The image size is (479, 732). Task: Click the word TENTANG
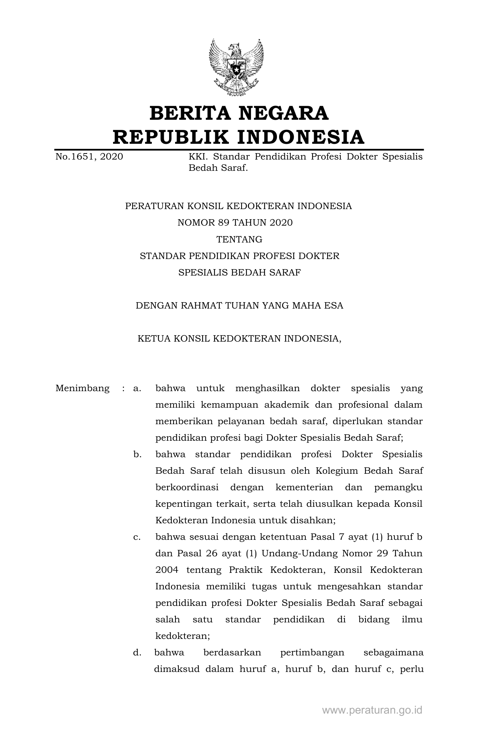239,239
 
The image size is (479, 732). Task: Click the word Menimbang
82,388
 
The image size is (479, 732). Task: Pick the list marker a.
137,388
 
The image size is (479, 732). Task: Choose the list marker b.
137,454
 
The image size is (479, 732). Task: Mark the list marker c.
137,537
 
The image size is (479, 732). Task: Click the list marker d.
137,652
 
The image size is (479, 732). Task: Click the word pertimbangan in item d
312,652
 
